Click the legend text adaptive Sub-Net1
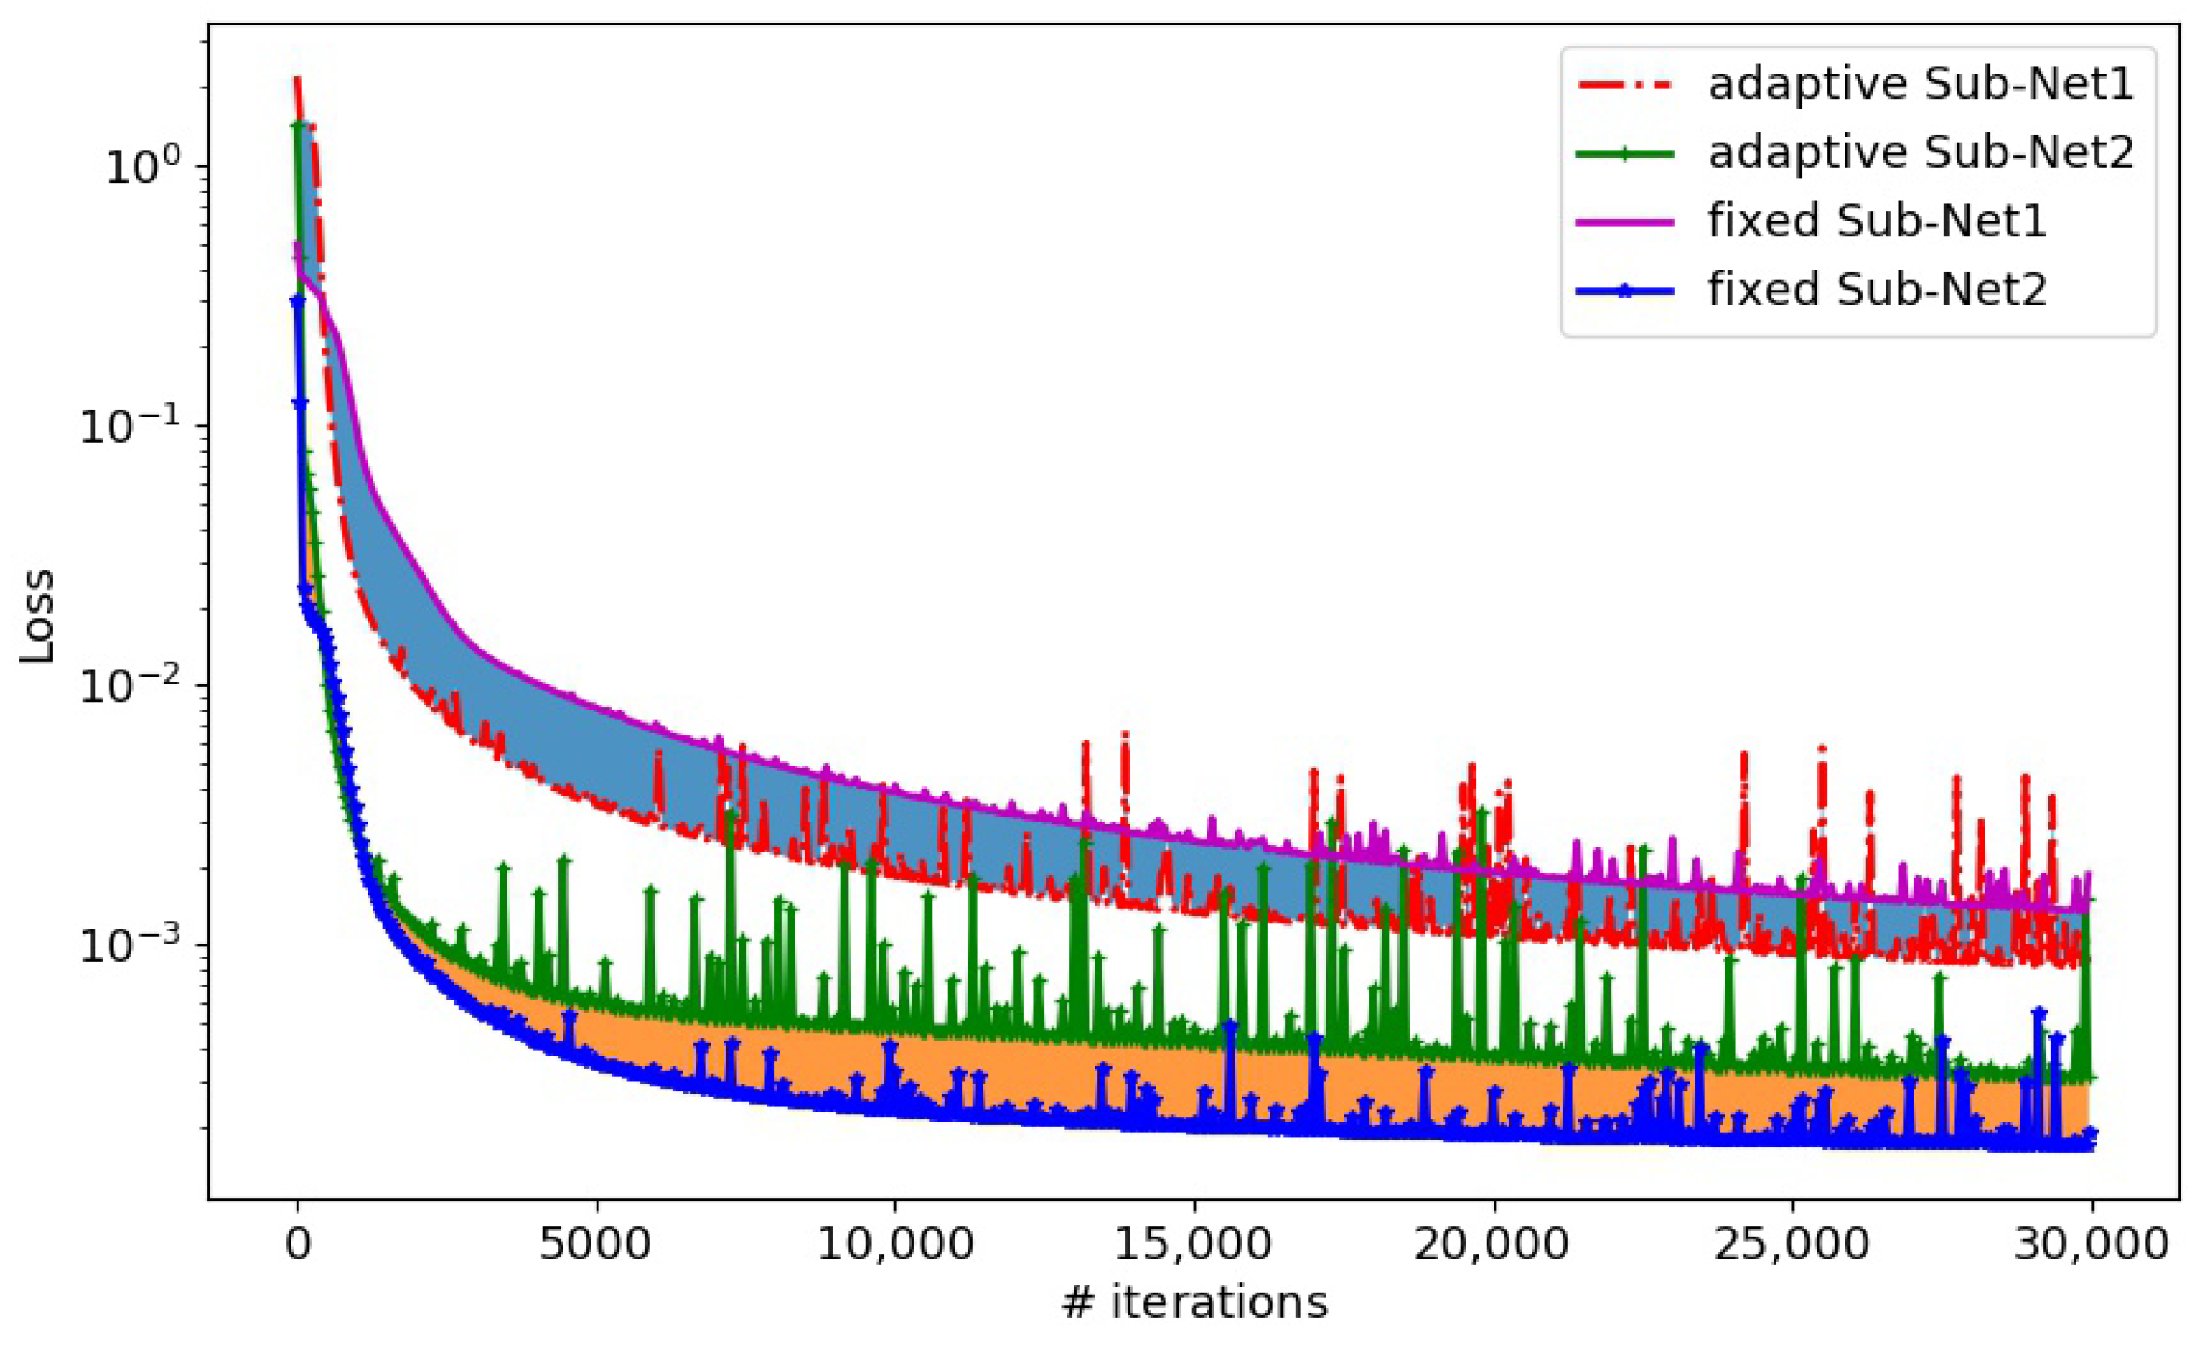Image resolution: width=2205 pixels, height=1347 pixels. (1921, 84)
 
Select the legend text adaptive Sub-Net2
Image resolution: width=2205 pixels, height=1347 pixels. (1921, 152)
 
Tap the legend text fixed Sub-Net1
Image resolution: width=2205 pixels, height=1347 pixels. (1877, 221)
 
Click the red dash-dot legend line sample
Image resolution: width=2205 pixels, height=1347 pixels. (1624, 85)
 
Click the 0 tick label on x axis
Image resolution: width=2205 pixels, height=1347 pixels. (298, 1245)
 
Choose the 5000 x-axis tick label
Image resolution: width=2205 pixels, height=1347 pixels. (596, 1245)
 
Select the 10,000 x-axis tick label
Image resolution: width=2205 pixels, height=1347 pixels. (895, 1245)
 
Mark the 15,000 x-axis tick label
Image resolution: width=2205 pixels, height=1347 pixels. (1193, 1245)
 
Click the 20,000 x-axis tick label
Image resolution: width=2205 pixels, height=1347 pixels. (1493, 1245)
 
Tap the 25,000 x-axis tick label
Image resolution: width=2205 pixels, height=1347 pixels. (1792, 1245)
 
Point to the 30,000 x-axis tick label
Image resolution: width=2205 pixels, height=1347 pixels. (2090, 1245)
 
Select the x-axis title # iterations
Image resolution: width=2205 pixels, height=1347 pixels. (1193, 1302)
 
